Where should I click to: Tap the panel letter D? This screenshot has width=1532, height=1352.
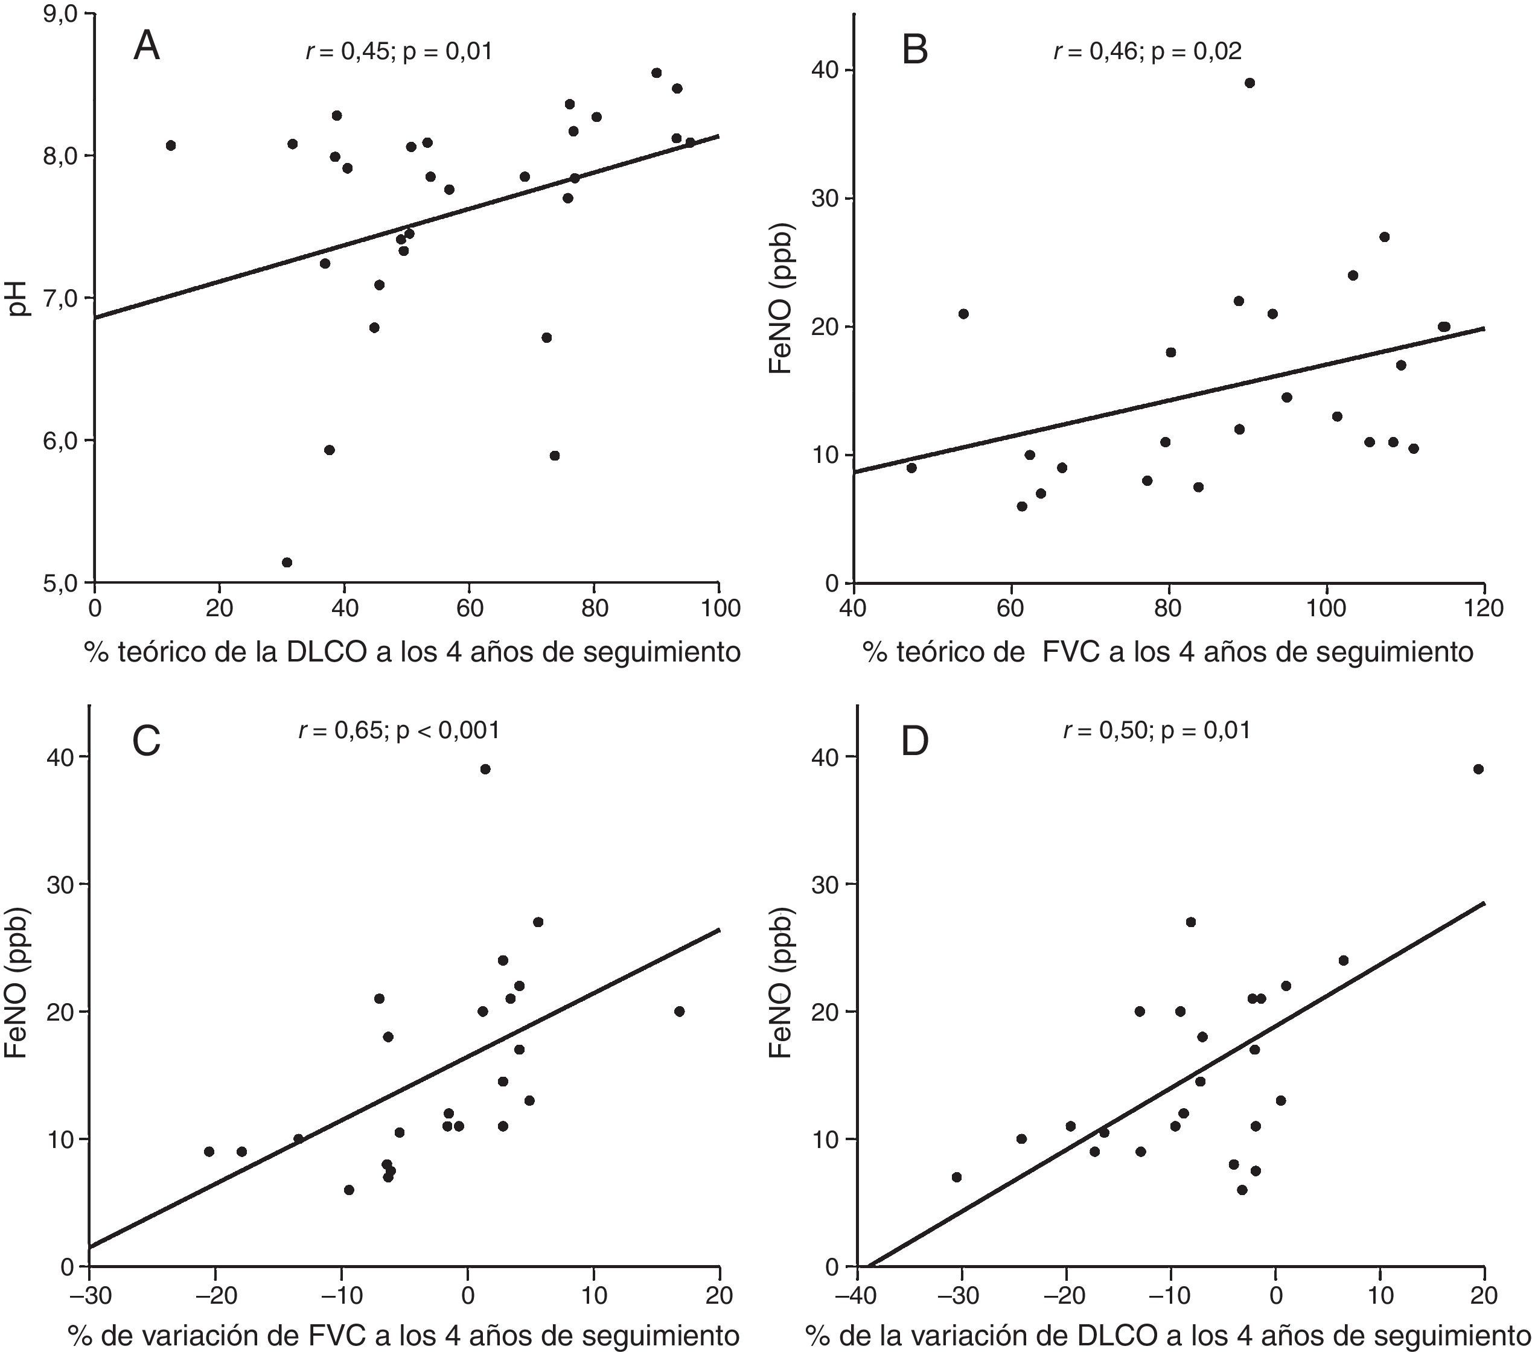[x=915, y=741]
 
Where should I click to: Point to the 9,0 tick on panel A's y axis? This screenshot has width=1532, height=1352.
[x=65, y=14]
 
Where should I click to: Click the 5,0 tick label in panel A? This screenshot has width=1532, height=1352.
[x=65, y=582]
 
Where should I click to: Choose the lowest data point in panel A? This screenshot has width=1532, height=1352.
[x=286, y=562]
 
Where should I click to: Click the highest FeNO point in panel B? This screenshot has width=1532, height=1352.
[x=1250, y=83]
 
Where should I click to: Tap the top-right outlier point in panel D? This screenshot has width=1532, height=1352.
[x=1478, y=769]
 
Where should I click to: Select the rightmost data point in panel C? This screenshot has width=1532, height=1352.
[x=679, y=1011]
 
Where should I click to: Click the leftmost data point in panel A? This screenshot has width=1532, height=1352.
[x=170, y=145]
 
